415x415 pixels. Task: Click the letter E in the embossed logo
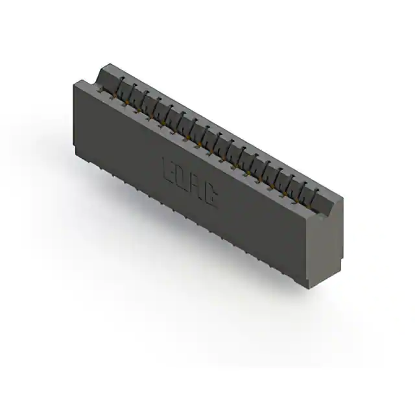[168, 171]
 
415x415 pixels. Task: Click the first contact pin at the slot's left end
[119, 86]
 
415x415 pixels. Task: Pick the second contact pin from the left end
[131, 93]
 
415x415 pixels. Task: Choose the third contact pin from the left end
[143, 100]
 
